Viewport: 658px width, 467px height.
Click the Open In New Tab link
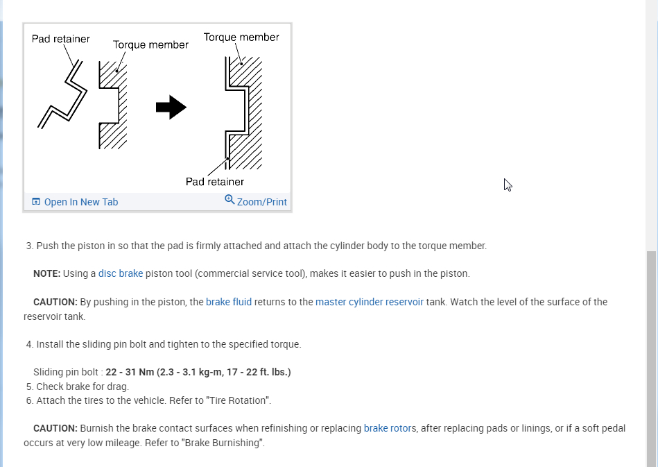pyautogui.click(x=80, y=202)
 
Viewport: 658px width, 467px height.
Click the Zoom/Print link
pyautogui.click(x=261, y=202)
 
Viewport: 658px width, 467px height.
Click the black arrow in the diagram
pyautogui.click(x=171, y=108)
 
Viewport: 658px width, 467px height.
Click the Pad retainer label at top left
pyautogui.click(x=60, y=39)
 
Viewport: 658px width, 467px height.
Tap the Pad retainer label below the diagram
pyautogui.click(x=214, y=182)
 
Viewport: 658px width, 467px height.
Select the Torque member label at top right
pyautogui.click(x=241, y=37)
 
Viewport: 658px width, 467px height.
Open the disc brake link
pyautogui.click(x=121, y=273)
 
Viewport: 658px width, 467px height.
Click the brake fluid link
pyautogui.click(x=229, y=302)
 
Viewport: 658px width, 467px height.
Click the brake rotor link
pyautogui.click(x=389, y=428)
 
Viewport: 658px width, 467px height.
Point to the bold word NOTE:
pyautogui.click(x=46, y=273)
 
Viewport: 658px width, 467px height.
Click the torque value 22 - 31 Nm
pyautogui.click(x=130, y=372)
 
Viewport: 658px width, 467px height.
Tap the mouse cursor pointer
pyautogui.click(x=508, y=185)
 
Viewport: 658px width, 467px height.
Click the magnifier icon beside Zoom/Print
pyautogui.click(x=230, y=200)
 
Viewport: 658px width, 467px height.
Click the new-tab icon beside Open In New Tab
pyautogui.click(x=36, y=202)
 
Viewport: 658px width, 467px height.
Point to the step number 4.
pyautogui.click(x=29, y=344)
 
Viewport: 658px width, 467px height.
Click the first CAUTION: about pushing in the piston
pyautogui.click(x=55, y=302)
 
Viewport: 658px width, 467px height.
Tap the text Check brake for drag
pyautogui.click(x=83, y=387)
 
